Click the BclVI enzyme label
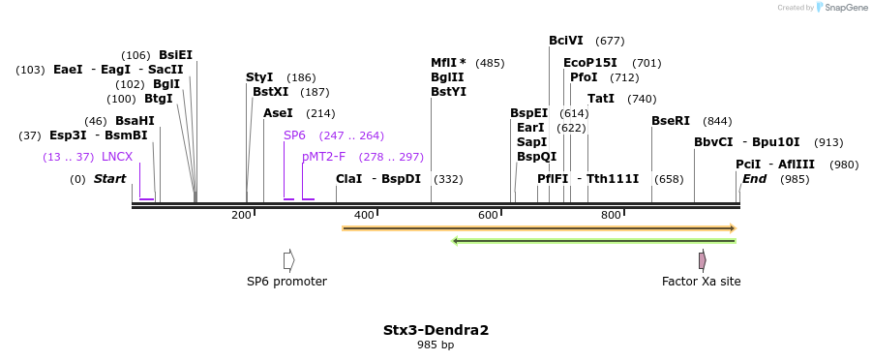pyautogui.click(x=565, y=41)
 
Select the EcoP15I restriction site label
pyautogui.click(x=589, y=63)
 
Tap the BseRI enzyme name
pyautogui.click(x=671, y=121)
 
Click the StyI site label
pyautogui.click(x=259, y=77)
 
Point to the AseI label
pyautogui.click(x=278, y=113)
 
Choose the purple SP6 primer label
pyautogui.click(x=294, y=135)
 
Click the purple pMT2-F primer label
pyautogui.click(x=323, y=157)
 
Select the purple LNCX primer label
pyautogui.click(x=117, y=157)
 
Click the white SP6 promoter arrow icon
pyautogui.click(x=288, y=260)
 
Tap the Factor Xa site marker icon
pyautogui.click(x=702, y=260)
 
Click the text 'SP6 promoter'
pyautogui.click(x=286, y=282)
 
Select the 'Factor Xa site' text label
pyautogui.click(x=701, y=282)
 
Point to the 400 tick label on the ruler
pyautogui.click(x=364, y=215)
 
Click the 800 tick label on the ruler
pyautogui.click(x=611, y=215)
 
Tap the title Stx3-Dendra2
pyautogui.click(x=436, y=330)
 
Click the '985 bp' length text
pyautogui.click(x=436, y=345)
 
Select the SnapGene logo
pyautogui.click(x=839, y=8)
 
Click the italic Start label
pyautogui.click(x=109, y=179)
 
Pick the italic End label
pyautogui.click(x=754, y=179)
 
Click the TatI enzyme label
pyautogui.click(x=601, y=99)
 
